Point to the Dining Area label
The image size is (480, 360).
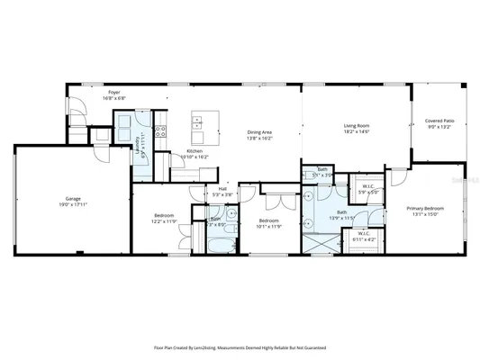[260, 134]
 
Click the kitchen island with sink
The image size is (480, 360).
[201, 121]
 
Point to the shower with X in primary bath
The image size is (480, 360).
[322, 238]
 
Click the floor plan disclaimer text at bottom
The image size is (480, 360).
[240, 346]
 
